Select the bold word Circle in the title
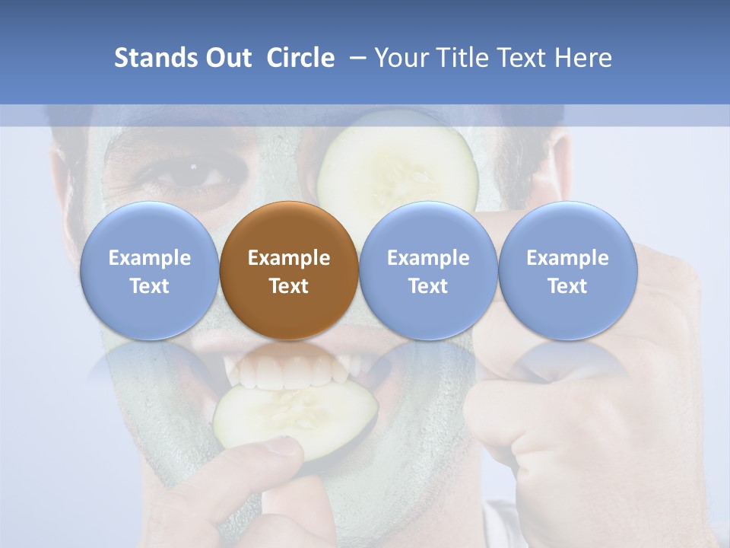coord(300,58)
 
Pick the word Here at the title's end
coord(583,58)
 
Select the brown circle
coord(289,270)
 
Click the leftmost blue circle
coord(149,270)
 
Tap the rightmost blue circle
coord(568,270)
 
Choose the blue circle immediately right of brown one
coord(428,270)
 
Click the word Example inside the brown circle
coord(289,258)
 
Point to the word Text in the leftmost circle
coord(149,286)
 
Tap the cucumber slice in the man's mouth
coord(297,415)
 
